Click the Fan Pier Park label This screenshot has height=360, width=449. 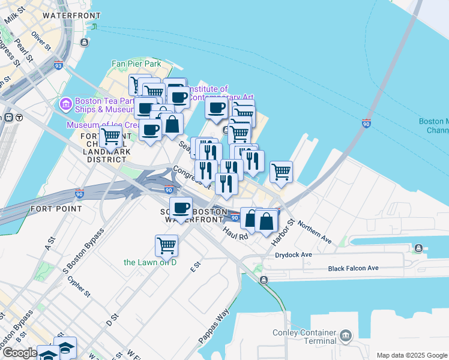pyautogui.click(x=136, y=64)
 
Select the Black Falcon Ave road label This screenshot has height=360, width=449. pyautogui.click(x=354, y=268)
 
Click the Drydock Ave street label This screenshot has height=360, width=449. pyautogui.click(x=294, y=255)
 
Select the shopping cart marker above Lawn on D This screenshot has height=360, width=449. pyautogui.click(x=166, y=245)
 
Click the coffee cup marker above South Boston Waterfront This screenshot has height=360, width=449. pyautogui.click(x=181, y=209)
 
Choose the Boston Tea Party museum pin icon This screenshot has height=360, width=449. pyautogui.click(x=65, y=104)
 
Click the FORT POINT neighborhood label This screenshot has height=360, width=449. pyautogui.click(x=56, y=209)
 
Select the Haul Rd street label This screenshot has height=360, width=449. pyautogui.click(x=235, y=233)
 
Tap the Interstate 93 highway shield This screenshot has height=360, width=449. pyautogui.click(x=58, y=66)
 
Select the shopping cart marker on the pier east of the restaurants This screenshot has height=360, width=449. pyautogui.click(x=281, y=172)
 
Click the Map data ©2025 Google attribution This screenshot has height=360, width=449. pyautogui.click(x=412, y=355)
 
